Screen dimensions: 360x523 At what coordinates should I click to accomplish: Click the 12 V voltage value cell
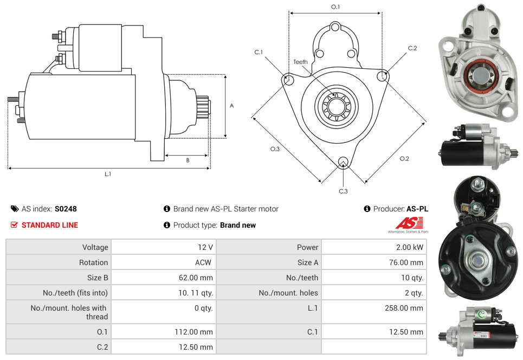[x=205, y=247]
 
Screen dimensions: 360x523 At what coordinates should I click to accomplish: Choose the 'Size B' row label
[x=94, y=278]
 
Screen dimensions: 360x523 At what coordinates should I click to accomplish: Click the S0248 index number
[x=66, y=209]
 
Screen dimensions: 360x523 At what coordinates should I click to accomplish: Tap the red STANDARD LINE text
[x=50, y=225]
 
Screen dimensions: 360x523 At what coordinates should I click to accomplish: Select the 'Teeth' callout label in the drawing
[x=300, y=62]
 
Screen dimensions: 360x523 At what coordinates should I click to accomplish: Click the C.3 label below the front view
[x=343, y=191]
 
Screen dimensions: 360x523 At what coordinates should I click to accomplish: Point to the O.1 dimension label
[x=335, y=7]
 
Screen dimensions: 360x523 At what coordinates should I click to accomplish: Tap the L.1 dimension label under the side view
[x=108, y=174]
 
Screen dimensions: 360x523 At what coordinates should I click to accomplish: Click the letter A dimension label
[x=232, y=106]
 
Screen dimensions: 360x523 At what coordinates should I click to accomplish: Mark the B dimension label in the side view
[x=188, y=160]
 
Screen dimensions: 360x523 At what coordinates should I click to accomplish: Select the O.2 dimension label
[x=404, y=158]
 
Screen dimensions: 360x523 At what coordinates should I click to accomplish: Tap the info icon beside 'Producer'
[x=367, y=209]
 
